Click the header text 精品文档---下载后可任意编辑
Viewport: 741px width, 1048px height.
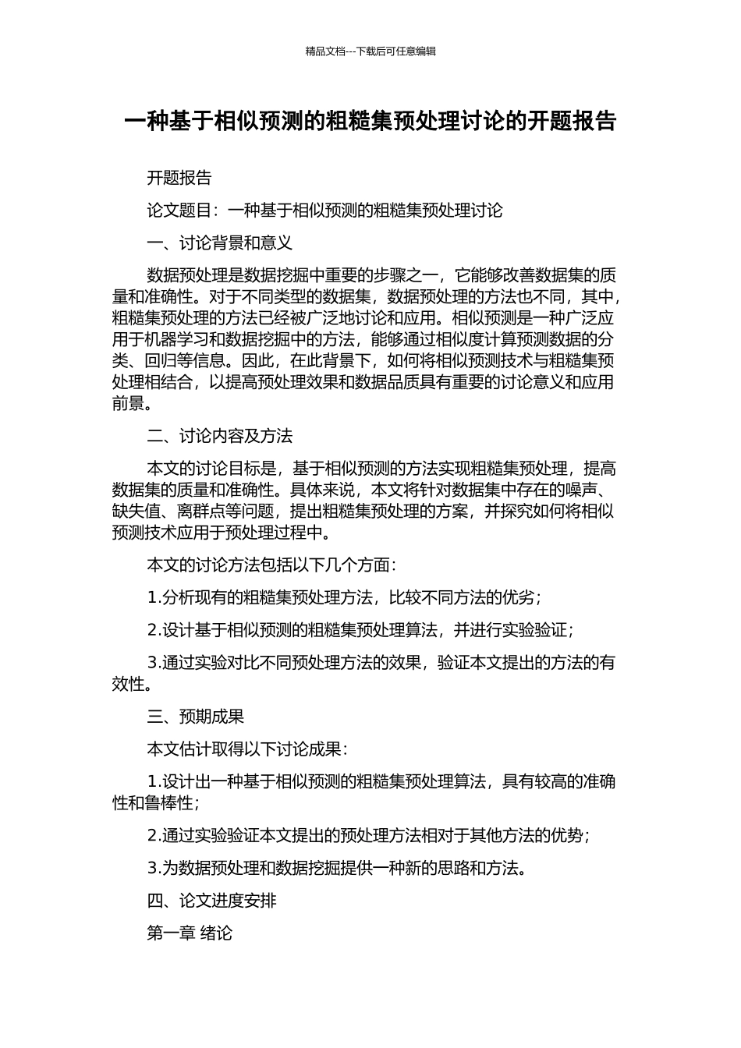point(370,51)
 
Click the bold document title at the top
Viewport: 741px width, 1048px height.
point(370,122)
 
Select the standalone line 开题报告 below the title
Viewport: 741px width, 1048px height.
point(179,178)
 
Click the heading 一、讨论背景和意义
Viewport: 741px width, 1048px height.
point(220,243)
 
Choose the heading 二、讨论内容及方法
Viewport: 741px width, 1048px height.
point(220,436)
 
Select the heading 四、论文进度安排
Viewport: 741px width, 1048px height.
point(212,901)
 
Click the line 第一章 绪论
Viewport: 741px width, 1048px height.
point(190,933)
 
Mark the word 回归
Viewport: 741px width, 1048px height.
point(160,360)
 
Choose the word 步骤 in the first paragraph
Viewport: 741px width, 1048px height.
point(375,275)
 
